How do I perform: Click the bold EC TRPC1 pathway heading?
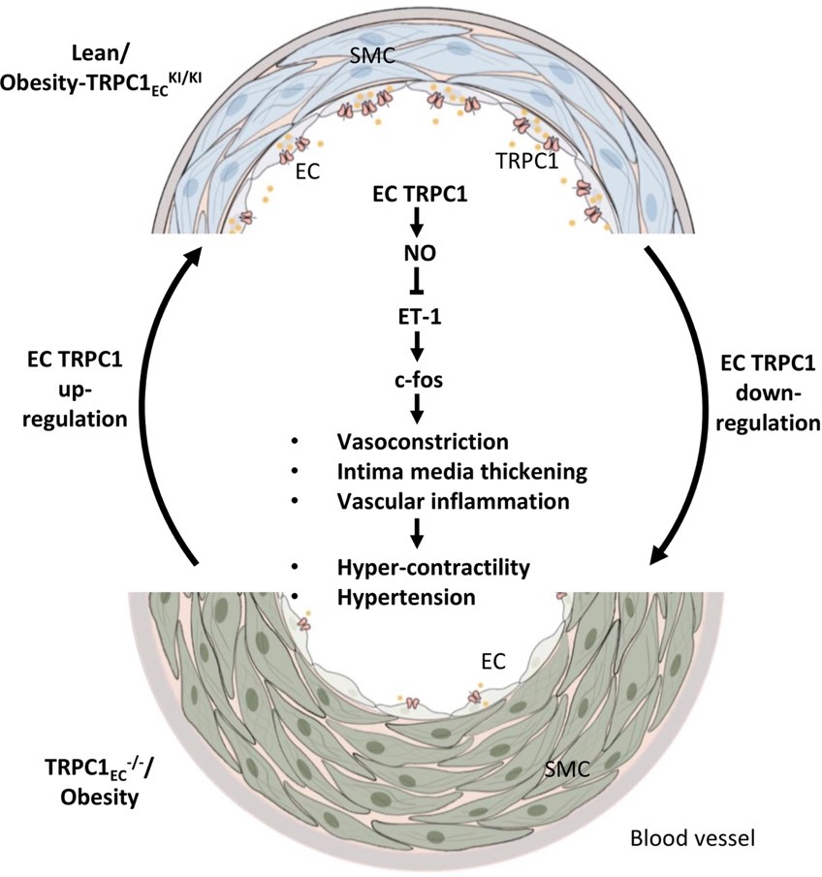(417, 194)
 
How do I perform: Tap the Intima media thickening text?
(458, 471)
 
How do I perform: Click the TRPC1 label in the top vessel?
(524, 161)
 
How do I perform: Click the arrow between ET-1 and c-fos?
(416, 344)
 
